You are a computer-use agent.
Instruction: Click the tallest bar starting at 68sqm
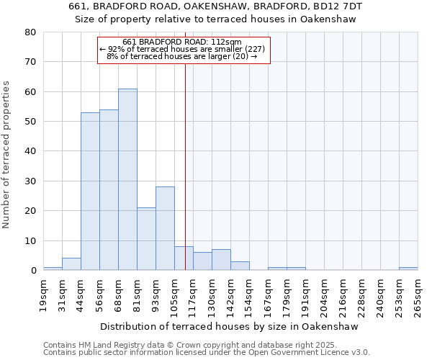127,180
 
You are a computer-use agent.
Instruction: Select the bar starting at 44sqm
90,192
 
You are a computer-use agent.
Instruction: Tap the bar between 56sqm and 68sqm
109,190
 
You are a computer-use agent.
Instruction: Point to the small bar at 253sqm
408,269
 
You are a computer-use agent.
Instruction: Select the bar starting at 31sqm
71,264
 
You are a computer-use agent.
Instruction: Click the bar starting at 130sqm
221,260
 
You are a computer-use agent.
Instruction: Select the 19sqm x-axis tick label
43,295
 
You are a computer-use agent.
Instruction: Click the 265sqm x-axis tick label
418,295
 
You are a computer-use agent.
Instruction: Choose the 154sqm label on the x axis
249,295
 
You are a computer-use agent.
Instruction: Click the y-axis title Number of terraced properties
6,155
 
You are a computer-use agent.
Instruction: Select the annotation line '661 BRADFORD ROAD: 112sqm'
182,42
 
